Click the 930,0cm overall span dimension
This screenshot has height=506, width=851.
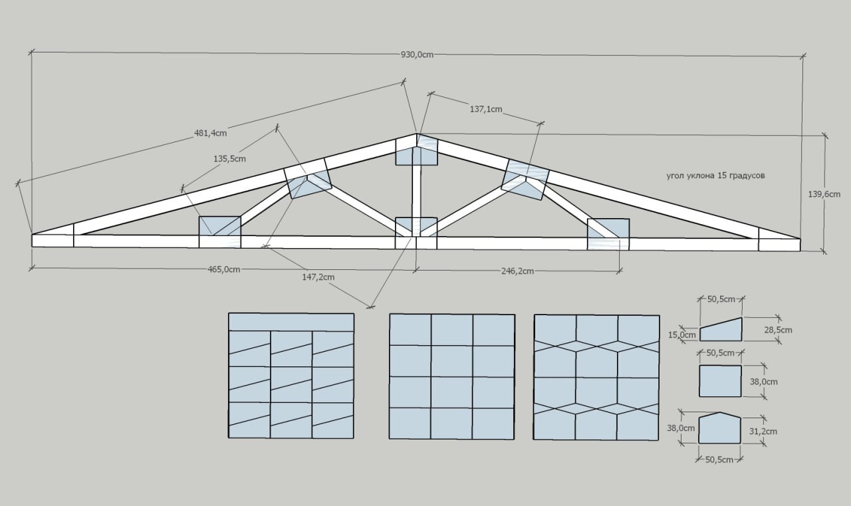coord(417,55)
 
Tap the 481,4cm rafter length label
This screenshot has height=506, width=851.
coord(211,133)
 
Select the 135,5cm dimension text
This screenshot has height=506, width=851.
coord(229,159)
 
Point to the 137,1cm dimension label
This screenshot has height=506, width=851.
coord(486,110)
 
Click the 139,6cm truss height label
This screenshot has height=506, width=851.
coord(824,194)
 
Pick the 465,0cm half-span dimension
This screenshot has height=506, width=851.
coord(224,269)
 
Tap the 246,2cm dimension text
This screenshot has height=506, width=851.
coord(517,271)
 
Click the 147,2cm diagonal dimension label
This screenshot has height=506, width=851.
coord(318,277)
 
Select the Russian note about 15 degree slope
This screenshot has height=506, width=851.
coord(716,176)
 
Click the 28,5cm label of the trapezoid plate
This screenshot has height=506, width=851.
coord(778,330)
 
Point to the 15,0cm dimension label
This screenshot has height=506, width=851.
coord(682,335)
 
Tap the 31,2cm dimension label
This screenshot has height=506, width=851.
coord(763,432)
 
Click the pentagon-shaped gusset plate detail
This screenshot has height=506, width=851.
coord(720,428)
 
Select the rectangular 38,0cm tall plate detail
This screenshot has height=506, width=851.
coord(720,381)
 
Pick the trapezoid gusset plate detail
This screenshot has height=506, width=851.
coord(721,330)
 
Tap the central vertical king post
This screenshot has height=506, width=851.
coord(416,191)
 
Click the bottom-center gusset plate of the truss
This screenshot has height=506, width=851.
coord(416,233)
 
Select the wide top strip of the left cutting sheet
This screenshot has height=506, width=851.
coord(291,322)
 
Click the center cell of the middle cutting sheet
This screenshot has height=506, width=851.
coord(452,361)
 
